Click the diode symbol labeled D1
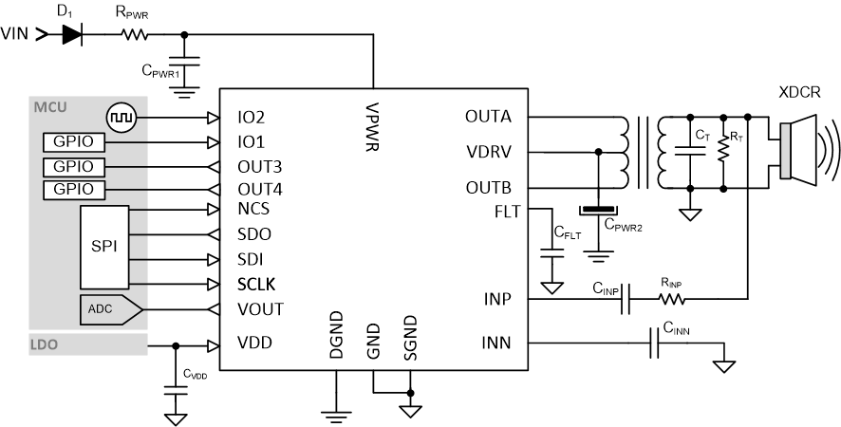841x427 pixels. (72, 34)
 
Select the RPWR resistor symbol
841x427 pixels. (134, 34)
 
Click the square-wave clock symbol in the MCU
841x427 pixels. (121, 119)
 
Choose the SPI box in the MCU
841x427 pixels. (103, 245)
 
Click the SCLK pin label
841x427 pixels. (257, 284)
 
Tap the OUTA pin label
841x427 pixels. (488, 118)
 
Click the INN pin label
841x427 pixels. (496, 343)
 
